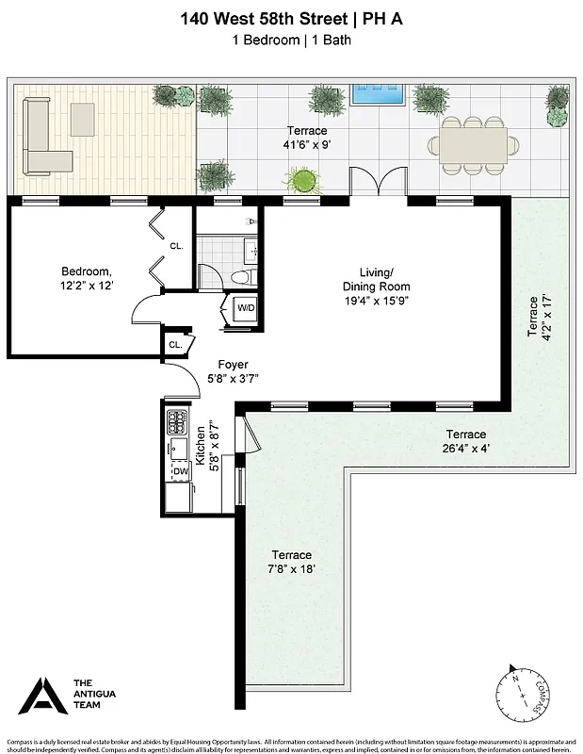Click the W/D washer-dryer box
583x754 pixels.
click(245, 308)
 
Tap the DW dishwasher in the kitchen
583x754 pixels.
click(179, 471)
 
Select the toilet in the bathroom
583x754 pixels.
click(241, 275)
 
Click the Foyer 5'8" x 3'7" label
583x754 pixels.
click(232, 370)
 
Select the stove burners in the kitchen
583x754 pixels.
click(176, 421)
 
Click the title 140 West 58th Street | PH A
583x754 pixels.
click(292, 17)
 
